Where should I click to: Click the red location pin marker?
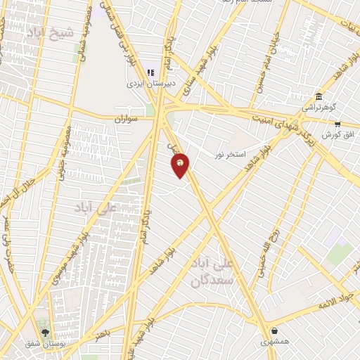coord(181,165)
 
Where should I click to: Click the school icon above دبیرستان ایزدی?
coord(150,72)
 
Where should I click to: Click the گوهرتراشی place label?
coord(320,108)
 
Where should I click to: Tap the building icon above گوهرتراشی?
coord(319,96)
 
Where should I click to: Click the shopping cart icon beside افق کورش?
coord(337,124)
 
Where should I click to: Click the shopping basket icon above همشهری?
coord(274,330)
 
